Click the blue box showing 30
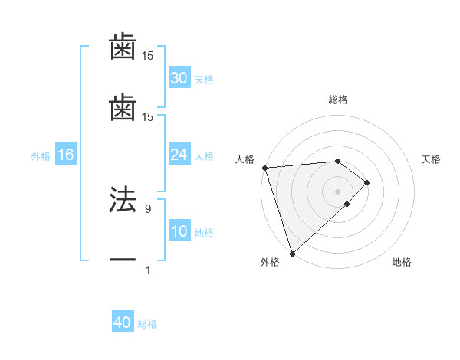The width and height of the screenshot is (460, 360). [179, 78]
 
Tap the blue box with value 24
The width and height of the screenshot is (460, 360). [179, 155]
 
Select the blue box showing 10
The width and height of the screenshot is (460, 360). [179, 231]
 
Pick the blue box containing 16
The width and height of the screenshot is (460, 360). [66, 155]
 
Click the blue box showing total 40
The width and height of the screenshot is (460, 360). [123, 323]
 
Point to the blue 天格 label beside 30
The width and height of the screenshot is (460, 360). [204, 80]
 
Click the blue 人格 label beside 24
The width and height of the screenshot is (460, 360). [204, 156]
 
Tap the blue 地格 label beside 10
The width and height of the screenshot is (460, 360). [204, 233]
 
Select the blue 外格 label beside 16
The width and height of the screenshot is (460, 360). [41, 156]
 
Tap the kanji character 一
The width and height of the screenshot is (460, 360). [123, 260]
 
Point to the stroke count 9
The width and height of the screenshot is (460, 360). [147, 208]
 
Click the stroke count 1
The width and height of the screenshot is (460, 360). [147, 270]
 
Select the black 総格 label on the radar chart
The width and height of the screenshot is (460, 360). [337, 100]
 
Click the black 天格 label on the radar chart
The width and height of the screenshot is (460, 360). [432, 159]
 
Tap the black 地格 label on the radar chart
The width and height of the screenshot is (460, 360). [402, 263]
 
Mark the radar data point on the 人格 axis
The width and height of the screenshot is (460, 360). [264, 168]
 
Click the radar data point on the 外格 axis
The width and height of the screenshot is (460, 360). [292, 253]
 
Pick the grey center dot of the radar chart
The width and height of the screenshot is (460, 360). [337, 191]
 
